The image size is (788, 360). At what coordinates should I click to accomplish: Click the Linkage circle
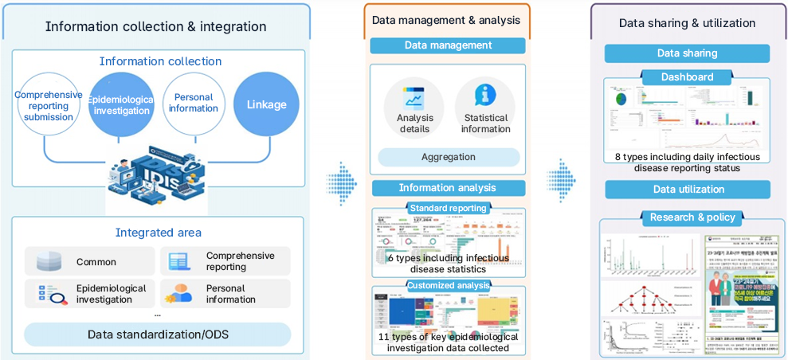coord(266,104)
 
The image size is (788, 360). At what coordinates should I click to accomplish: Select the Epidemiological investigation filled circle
coord(119,104)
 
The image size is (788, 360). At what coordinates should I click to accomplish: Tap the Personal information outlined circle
coord(194,104)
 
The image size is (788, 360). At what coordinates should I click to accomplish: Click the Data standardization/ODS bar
coord(158,334)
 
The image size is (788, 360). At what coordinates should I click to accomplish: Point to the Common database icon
coord(49,262)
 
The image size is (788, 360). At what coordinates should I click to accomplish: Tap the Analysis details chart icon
coord(414,98)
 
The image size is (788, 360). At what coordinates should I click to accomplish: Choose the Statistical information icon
coord(485,96)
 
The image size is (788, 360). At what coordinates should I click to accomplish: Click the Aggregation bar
coord(448,157)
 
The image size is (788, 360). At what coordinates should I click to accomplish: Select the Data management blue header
coord(448,45)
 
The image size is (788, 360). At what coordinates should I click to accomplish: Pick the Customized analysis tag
coord(448,285)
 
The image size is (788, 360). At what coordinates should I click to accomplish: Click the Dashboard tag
coord(687,77)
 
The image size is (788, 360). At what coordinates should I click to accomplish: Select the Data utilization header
coord(688,190)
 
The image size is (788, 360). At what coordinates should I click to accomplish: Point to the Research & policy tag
coord(687,217)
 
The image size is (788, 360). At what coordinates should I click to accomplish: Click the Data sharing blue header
coord(687,53)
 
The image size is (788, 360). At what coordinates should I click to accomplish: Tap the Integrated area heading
coord(159,233)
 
